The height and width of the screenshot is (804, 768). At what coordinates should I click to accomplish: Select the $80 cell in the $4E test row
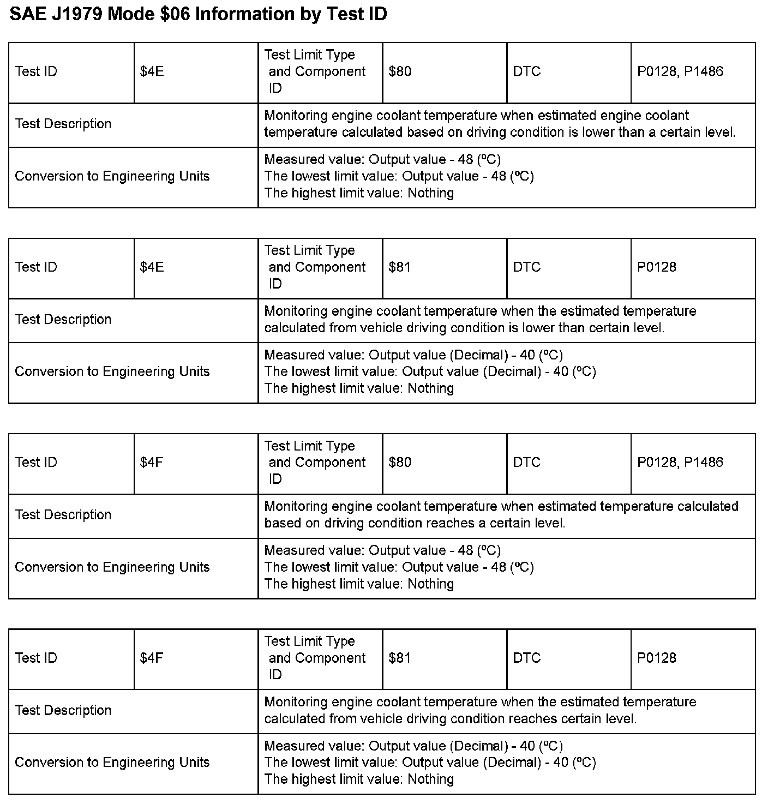click(x=400, y=71)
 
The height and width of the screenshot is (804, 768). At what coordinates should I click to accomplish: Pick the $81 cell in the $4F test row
click(x=400, y=658)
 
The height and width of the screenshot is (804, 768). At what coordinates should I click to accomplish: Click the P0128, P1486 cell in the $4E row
click(x=680, y=71)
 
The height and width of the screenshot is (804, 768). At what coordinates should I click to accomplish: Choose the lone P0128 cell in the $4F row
click(x=656, y=658)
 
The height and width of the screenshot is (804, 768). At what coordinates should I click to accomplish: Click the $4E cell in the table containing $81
click(x=152, y=267)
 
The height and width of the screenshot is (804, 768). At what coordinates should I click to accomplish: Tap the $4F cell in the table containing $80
click(x=152, y=463)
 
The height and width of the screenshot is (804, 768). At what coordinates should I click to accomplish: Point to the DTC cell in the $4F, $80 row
click(x=526, y=463)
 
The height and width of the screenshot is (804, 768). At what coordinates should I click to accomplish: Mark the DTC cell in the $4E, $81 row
click(x=526, y=267)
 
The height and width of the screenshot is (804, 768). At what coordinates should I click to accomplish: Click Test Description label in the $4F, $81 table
click(x=63, y=710)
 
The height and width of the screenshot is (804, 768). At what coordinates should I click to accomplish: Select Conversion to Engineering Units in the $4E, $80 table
click(x=112, y=176)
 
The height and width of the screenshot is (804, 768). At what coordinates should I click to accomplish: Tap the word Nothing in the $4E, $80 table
click(x=430, y=193)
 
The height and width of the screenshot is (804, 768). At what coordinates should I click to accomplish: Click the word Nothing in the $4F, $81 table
click(x=430, y=779)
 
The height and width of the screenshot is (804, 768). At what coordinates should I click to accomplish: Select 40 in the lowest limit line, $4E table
click(x=561, y=371)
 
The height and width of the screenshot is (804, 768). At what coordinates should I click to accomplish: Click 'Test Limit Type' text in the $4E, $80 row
click(x=309, y=55)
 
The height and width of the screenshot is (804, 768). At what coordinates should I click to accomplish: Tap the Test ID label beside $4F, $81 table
click(x=36, y=658)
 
